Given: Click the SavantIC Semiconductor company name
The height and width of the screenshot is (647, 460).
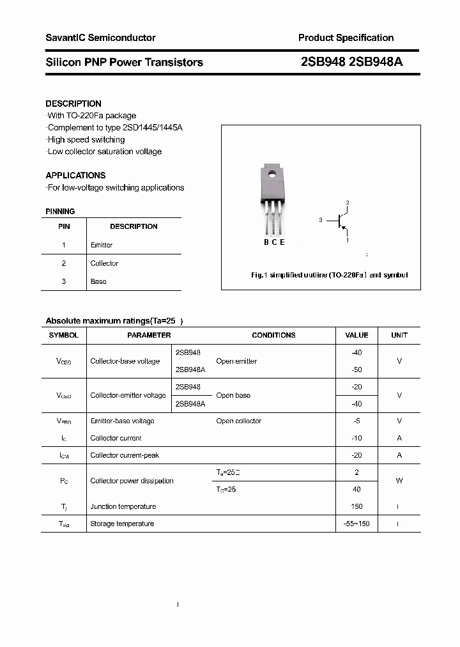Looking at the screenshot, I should [x=100, y=38].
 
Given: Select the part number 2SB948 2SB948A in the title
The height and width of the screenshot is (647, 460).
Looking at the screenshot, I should [x=351, y=62].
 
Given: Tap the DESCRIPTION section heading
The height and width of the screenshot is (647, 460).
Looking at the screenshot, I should [x=73, y=104].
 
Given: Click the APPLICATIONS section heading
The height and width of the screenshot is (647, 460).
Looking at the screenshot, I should [x=75, y=175].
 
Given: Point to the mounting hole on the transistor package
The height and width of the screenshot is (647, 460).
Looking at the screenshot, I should [x=272, y=172].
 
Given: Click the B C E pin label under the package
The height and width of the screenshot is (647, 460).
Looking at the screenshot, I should [x=274, y=242].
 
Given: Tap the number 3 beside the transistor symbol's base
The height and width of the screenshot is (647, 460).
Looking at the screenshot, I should [x=320, y=220].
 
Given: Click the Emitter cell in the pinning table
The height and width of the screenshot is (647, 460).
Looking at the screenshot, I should [x=102, y=245].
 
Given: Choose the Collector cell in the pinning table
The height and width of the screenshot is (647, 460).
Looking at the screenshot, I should [x=104, y=263].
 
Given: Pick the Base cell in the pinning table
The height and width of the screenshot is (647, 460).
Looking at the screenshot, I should [x=98, y=281].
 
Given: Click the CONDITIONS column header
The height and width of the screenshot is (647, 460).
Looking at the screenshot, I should [x=273, y=335].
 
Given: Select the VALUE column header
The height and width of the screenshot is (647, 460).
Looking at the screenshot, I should [x=356, y=335].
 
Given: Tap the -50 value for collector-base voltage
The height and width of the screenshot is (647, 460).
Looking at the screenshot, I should [x=356, y=370].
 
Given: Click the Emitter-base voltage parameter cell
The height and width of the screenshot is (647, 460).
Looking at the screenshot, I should [x=122, y=421].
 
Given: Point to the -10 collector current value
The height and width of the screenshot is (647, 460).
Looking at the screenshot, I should [x=356, y=438].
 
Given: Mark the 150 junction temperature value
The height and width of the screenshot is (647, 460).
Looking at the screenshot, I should [x=356, y=506].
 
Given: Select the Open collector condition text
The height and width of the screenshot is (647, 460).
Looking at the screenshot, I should [x=238, y=421].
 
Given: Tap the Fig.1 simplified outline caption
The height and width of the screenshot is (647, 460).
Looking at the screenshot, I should [x=328, y=275].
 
